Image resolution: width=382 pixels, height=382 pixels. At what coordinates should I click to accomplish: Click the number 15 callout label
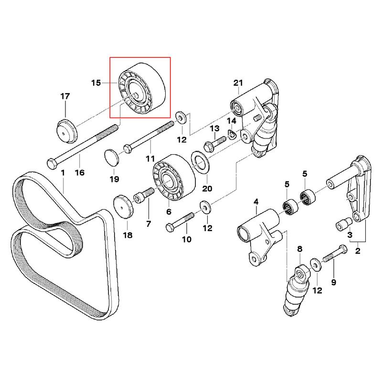(96, 83)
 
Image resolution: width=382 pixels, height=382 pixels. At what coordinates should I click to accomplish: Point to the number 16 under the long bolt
(80, 172)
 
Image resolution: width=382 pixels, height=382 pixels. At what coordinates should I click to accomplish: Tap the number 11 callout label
(150, 158)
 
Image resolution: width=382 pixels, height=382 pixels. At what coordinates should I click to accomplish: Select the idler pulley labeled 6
(173, 179)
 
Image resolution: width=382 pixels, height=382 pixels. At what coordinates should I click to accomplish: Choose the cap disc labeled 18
(123, 205)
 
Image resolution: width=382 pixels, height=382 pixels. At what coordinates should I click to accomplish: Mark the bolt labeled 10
(179, 221)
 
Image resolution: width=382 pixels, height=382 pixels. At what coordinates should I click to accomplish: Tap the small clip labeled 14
(231, 134)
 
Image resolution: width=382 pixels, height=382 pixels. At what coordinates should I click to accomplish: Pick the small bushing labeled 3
(341, 223)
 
